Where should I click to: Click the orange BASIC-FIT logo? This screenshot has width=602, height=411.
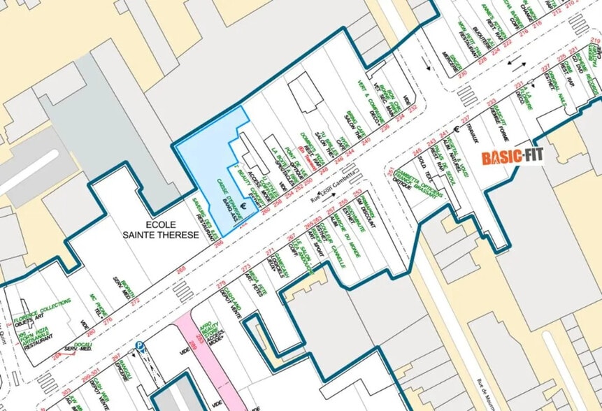(513, 156)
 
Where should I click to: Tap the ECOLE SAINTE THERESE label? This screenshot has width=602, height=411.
(171, 230)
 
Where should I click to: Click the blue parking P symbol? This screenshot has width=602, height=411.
(140, 345)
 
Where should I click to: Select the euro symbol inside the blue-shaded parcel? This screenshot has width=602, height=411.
(243, 205)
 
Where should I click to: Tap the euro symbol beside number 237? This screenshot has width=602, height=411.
(455, 127)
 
